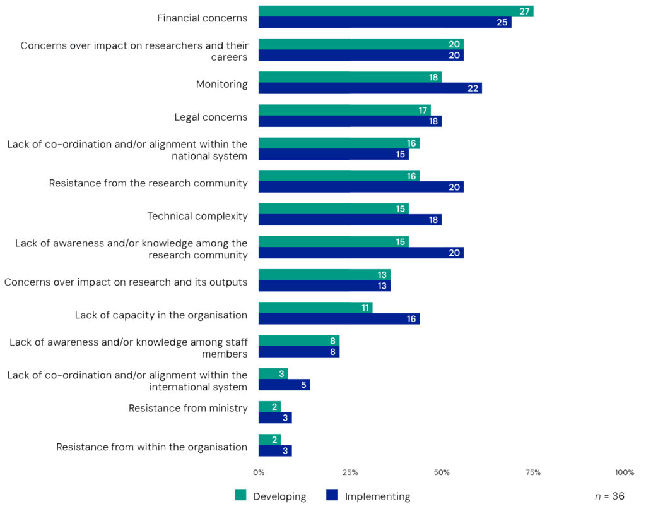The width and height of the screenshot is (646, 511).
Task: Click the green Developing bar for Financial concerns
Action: tap(396, 11)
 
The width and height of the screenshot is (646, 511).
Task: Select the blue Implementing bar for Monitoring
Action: tap(370, 88)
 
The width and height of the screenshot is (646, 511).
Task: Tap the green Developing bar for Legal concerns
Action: tap(344, 110)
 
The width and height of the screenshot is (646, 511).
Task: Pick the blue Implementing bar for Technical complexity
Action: tap(349, 220)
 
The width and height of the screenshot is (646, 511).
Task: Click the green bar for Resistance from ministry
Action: tap(269, 406)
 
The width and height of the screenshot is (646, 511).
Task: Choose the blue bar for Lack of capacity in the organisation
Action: tap(339, 319)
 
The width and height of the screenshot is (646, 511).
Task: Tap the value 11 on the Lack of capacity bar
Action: tap(364, 308)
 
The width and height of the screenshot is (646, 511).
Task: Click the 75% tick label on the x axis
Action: tap(533, 473)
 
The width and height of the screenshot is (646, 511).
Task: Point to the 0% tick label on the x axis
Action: tap(259, 473)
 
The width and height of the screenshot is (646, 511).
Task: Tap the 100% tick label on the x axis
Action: tap(625, 473)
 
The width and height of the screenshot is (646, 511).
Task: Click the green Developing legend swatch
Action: tap(241, 496)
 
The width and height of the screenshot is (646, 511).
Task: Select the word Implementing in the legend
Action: tap(377, 496)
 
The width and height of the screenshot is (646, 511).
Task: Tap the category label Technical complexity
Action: tap(197, 216)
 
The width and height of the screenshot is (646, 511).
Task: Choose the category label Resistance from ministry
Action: tap(188, 408)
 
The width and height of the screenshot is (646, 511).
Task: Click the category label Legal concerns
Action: tap(211, 117)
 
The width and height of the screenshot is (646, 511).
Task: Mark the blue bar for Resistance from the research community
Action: tap(361, 187)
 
